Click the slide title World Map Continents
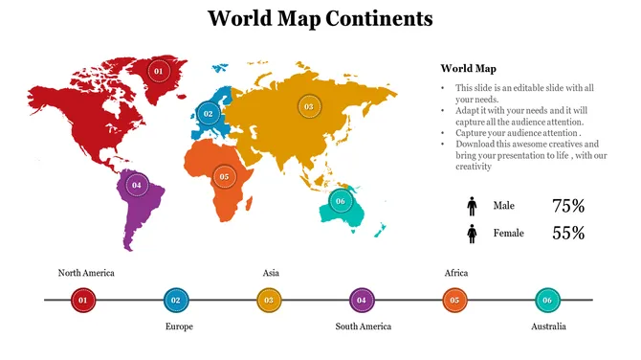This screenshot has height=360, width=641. click(x=320, y=18)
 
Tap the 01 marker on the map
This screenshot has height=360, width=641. click(x=159, y=71)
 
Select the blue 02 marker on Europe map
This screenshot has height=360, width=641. click(x=208, y=114)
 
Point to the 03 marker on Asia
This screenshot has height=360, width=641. click(x=308, y=107)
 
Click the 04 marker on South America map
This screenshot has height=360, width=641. click(x=137, y=185)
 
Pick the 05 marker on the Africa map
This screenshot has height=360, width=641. click(x=224, y=176)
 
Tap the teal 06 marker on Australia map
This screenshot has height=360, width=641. click(x=340, y=201)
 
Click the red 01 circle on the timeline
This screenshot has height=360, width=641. click(x=82, y=301)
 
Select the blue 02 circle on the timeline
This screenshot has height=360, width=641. click(x=175, y=301)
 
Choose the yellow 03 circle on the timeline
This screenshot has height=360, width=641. click(x=269, y=301)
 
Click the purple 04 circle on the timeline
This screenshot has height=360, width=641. click(x=362, y=301)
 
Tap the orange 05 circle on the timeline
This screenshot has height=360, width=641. click(x=454, y=301)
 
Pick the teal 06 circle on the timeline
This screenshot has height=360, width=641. click(x=547, y=301)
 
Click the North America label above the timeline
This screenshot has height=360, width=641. click(x=86, y=273)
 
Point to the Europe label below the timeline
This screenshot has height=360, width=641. click(x=179, y=326)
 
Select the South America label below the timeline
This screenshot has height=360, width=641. click(x=364, y=326)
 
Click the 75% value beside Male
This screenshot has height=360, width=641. click(x=568, y=206)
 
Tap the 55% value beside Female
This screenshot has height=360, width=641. click(x=568, y=233)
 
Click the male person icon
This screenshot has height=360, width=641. click(x=472, y=206)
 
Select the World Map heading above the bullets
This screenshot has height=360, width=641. click(x=468, y=68)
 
